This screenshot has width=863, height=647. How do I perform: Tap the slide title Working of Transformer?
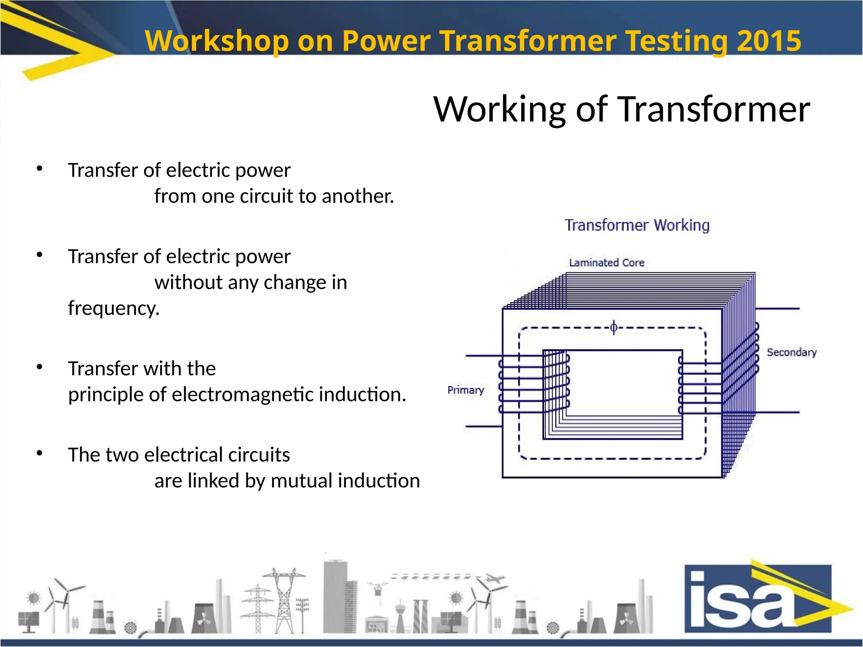pos(622,109)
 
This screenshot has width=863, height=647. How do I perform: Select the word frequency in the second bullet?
pos(114,308)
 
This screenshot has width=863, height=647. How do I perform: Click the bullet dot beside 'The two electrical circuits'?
pos(40,454)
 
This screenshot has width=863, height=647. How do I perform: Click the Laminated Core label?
pos(606,263)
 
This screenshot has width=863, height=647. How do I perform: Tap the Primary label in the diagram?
pos(466,390)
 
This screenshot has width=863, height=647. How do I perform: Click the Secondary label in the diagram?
pos(791,352)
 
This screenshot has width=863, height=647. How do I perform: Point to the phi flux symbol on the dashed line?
pos(614,327)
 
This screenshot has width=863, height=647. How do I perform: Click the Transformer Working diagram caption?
pos(637,225)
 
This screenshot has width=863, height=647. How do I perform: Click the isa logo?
pos(758,598)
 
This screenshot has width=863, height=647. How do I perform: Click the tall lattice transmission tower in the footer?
pos(284,600)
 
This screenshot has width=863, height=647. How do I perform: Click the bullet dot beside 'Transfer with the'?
pos(40,367)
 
